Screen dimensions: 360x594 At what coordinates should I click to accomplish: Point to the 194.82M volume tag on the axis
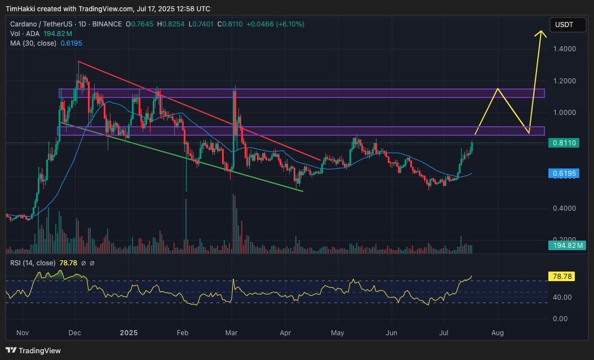pos(567,245)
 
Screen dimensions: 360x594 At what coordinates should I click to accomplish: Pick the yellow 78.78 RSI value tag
pos(562,277)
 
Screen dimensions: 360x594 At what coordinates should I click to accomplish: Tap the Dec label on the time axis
pos(74,333)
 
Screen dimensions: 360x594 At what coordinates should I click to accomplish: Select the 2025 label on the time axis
pos(129,333)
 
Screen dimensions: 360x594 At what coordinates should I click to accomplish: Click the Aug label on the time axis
pos(498,333)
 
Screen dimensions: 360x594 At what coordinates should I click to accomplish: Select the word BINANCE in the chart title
pos(107,24)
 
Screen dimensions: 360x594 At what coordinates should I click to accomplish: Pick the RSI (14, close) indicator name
pos(33,263)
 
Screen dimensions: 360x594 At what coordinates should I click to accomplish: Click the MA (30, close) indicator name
pos(33,43)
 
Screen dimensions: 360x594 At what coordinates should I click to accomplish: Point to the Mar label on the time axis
pos(232,333)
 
